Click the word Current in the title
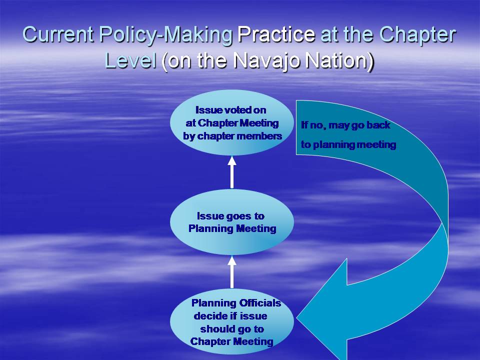57,34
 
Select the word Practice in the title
276,34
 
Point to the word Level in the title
130,60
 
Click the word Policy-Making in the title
166,35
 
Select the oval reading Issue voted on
231,122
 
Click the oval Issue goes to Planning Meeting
231,222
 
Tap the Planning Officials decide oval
231,321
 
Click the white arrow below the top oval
231,172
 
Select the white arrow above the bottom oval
231,272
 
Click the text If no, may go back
345,125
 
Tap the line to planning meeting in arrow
348,144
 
